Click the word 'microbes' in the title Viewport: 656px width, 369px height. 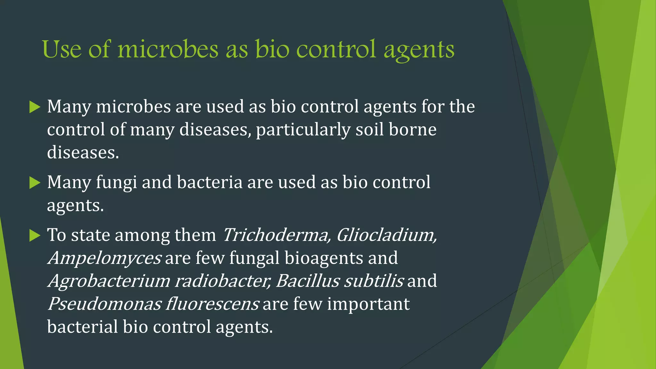pos(168,50)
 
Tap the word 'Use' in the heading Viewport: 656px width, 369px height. pos(61,50)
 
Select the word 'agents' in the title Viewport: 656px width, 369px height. pos(419,51)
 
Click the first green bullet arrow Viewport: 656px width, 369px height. pos(35,107)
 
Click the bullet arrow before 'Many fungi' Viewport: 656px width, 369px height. pos(35,183)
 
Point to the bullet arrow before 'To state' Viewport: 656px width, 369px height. pos(35,236)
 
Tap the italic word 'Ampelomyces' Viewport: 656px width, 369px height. pos(104,258)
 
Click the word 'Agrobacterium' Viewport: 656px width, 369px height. pos(109,281)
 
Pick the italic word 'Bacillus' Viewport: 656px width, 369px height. pos(307,281)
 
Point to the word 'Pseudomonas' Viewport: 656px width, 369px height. pos(104,304)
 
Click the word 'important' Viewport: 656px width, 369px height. pos(368,304)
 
